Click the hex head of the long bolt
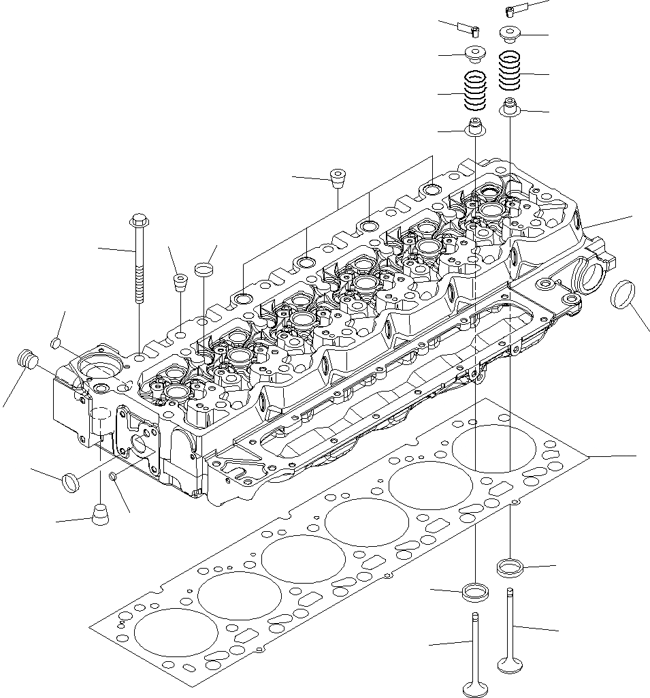click(x=137, y=221)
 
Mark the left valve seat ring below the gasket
click(x=474, y=592)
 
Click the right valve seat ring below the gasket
click(x=509, y=567)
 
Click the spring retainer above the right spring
click(x=510, y=33)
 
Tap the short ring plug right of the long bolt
click(x=204, y=270)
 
